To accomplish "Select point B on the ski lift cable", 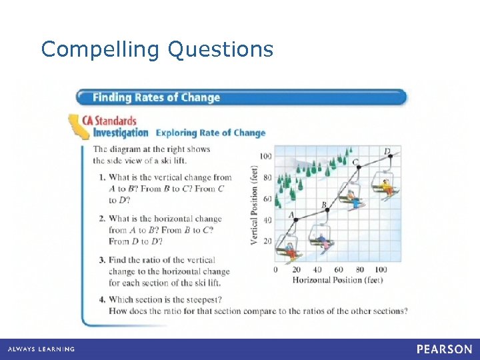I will pos(327,209).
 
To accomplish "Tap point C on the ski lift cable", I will pos(359,167).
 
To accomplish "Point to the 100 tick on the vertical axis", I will pos(265,156).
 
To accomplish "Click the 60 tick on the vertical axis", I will pos(267,199).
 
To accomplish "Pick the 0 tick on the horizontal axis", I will pos(276,270).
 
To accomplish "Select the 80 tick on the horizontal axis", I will pos(359,270).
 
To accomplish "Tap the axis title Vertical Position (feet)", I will pos(254,205).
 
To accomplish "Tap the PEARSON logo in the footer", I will pos(444,349).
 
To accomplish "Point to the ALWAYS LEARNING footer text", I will pos(41,349).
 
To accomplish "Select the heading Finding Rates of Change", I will pos(156,97).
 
